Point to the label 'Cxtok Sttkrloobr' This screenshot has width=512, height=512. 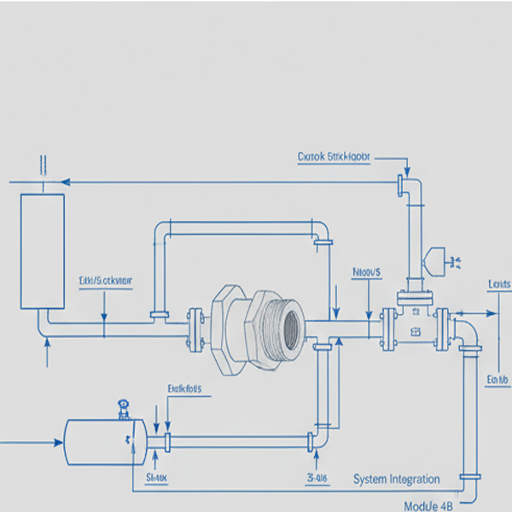point(334,157)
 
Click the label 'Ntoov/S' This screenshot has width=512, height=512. point(367,272)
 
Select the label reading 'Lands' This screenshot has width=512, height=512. point(499,284)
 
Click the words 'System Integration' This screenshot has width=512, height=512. point(397,480)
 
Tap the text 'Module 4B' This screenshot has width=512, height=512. point(428,505)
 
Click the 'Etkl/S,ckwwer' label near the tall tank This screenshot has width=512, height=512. point(105,280)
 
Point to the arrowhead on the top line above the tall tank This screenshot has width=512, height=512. point(64,182)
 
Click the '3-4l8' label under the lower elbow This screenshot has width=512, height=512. point(317,478)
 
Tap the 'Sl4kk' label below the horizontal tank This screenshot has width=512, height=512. point(157,478)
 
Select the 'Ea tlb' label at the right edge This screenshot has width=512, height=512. point(497,380)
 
